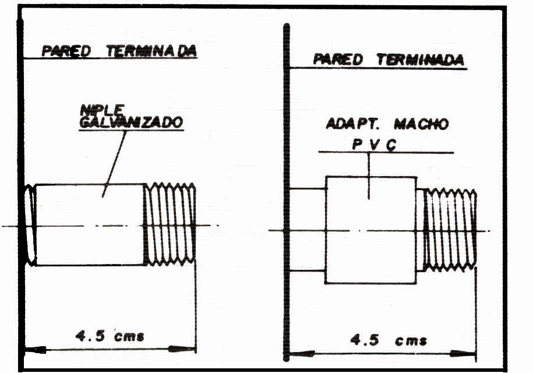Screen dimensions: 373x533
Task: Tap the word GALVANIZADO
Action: click(131, 122)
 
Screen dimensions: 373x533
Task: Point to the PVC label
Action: click(373, 145)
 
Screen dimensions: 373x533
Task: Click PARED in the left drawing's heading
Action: click(66, 51)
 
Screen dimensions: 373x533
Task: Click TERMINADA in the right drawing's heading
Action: click(420, 59)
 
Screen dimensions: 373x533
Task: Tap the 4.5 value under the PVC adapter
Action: click(365, 340)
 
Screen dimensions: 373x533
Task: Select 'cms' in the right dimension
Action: click(411, 341)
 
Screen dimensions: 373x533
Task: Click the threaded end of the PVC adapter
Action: click(450, 230)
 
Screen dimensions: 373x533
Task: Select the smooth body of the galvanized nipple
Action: click(90, 224)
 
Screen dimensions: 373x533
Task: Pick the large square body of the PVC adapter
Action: click(370, 230)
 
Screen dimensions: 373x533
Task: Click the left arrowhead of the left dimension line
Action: click(36, 350)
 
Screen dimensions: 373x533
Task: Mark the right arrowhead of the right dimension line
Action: click(467, 353)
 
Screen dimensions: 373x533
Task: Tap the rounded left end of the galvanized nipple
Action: click(30, 224)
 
